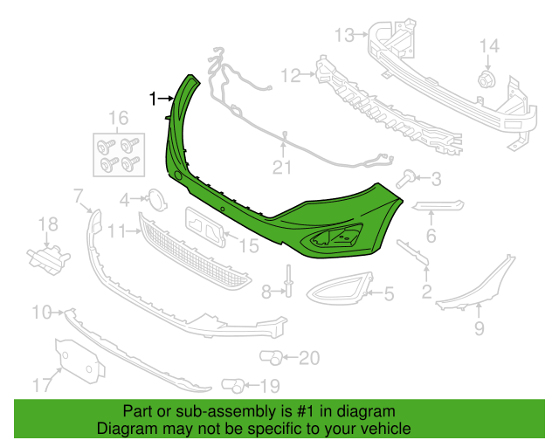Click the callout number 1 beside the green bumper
[x=153, y=99]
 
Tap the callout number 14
[x=489, y=46]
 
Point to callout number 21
[x=282, y=168]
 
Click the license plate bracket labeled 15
[x=205, y=227]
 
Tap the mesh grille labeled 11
[x=195, y=251]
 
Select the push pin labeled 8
[x=289, y=281]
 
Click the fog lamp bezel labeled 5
[x=340, y=289]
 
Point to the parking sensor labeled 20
[x=272, y=358]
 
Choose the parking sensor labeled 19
[x=233, y=385]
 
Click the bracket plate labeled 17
[x=79, y=361]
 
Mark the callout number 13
[x=345, y=35]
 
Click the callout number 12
[x=291, y=76]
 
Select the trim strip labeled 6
[x=438, y=206]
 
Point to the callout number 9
[x=480, y=328]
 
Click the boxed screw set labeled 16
[x=119, y=155]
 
